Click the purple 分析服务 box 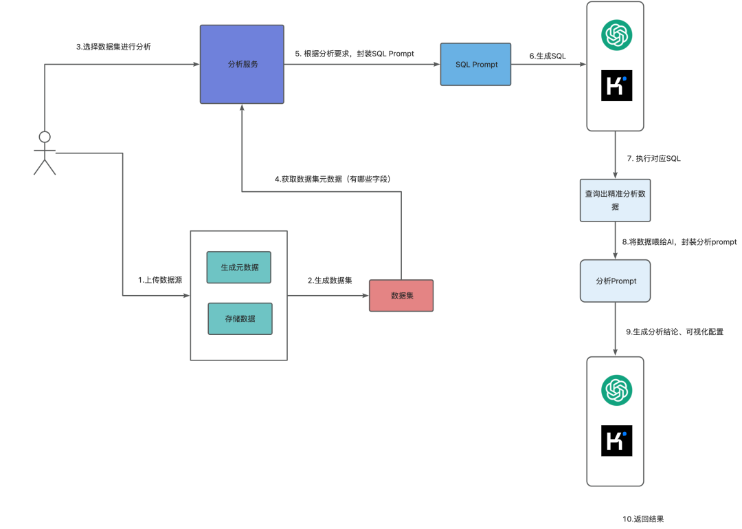(242, 64)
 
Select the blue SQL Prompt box (475, 64)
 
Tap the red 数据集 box (401, 295)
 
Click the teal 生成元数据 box (239, 268)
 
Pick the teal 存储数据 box (240, 319)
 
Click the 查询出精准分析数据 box (615, 200)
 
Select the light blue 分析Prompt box (615, 281)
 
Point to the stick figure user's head (45, 137)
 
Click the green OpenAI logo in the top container (616, 34)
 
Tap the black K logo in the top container (616, 85)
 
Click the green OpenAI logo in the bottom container (616, 390)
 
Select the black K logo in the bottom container (616, 440)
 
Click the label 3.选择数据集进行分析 (113, 47)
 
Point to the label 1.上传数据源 (160, 280)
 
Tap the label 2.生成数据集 (330, 280)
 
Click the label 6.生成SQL (548, 56)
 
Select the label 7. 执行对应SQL (653, 158)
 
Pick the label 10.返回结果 (643, 519)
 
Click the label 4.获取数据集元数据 (308, 179)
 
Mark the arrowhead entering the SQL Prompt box (437, 64)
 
